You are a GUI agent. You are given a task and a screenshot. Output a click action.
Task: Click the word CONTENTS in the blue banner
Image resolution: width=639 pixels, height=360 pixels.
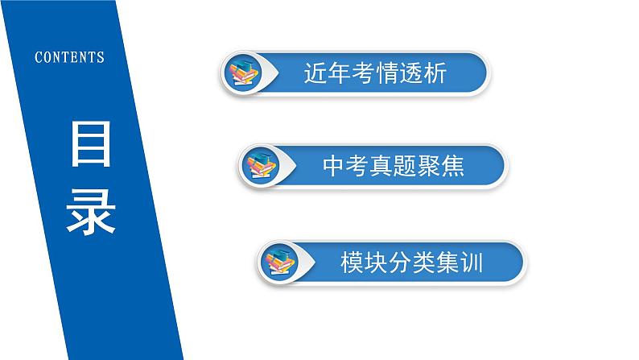pyautogui.click(x=70, y=57)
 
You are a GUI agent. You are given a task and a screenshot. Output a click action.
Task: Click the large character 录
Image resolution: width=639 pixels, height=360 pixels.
pyautogui.click(x=90, y=209)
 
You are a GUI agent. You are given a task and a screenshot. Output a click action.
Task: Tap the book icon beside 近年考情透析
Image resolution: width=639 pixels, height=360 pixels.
pyautogui.click(x=243, y=74)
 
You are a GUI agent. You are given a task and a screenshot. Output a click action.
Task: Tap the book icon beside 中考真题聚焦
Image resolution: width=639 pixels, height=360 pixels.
pyautogui.click(x=260, y=167)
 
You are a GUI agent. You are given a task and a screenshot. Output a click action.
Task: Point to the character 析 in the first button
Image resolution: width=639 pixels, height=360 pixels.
pyautogui.click(x=435, y=74)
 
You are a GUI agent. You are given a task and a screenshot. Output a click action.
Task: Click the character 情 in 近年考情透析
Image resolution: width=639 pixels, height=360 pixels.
pyautogui.click(x=387, y=74)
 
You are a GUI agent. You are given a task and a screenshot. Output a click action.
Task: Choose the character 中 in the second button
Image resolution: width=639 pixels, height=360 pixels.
pyautogui.click(x=333, y=167)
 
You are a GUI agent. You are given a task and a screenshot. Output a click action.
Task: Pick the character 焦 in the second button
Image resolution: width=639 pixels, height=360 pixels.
pyautogui.click(x=452, y=167)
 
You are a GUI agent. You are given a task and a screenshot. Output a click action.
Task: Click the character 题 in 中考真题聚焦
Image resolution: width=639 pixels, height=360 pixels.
pyautogui.click(x=405, y=167)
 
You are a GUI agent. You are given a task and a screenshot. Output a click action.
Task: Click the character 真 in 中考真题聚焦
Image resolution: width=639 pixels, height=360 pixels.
pyautogui.click(x=381, y=167)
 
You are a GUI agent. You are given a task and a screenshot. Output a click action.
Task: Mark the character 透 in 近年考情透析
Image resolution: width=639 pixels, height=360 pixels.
pyautogui.click(x=411, y=74)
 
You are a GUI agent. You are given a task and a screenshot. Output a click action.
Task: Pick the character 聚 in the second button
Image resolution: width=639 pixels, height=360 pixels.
pyautogui.click(x=429, y=167)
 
